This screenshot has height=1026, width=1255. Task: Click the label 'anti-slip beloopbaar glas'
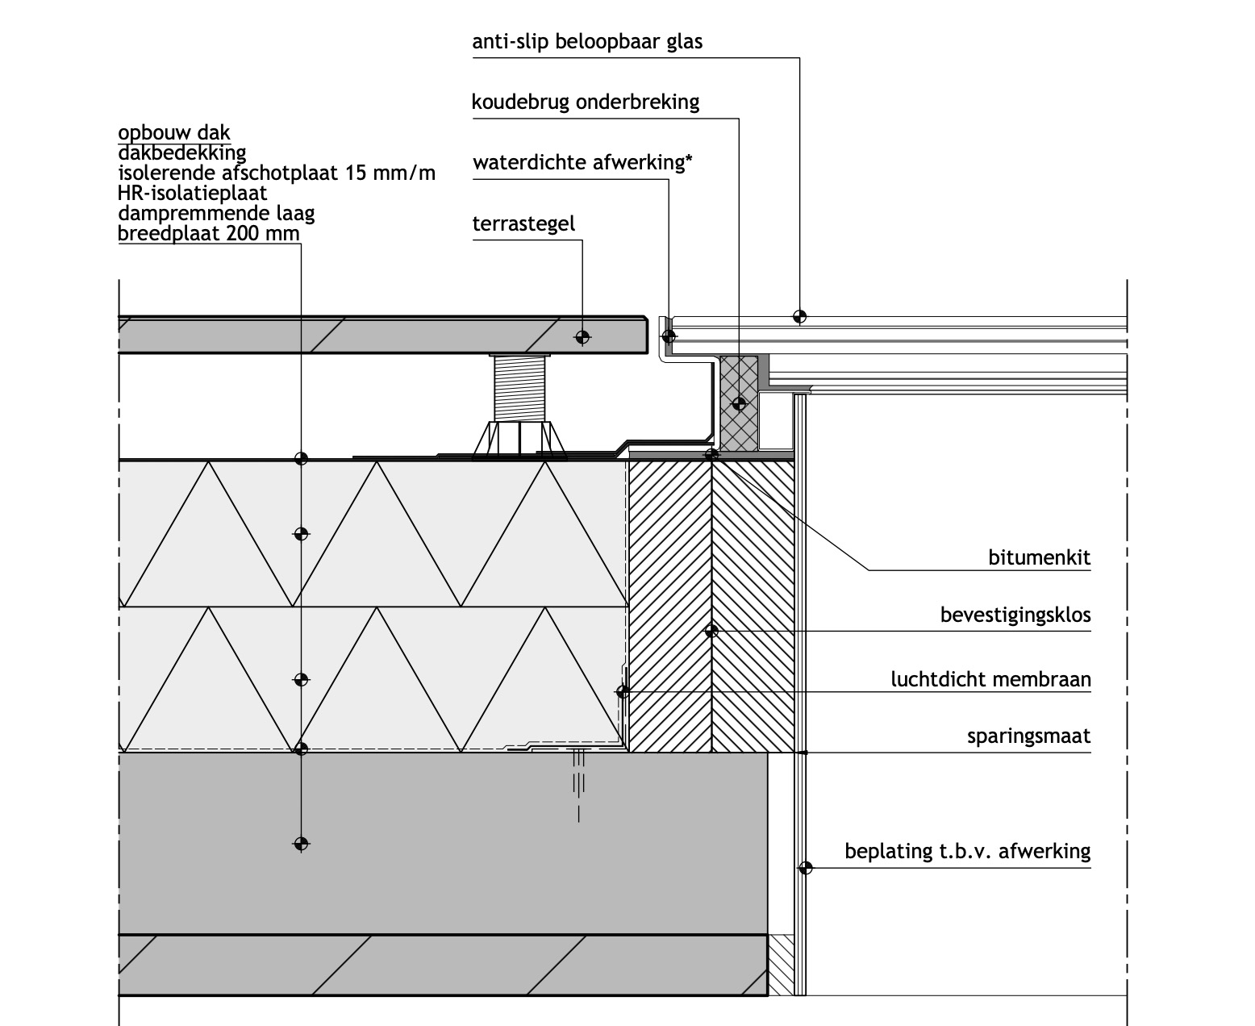coord(587,42)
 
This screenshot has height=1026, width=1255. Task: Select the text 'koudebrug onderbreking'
coord(586,102)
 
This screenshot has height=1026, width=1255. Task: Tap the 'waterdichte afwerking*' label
coord(582,162)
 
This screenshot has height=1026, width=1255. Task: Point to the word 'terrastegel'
coord(523,223)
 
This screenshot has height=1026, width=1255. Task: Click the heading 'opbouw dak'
coord(173,132)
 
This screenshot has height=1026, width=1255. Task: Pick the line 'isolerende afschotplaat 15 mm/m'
coord(277,173)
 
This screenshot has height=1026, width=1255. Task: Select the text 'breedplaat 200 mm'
coord(208,233)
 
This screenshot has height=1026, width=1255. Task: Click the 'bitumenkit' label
coord(1039,557)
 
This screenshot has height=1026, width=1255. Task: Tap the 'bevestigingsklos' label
coord(1015,615)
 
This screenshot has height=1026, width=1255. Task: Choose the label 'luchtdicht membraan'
coord(990,679)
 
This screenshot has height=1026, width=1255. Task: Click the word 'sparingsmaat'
coord(1029,736)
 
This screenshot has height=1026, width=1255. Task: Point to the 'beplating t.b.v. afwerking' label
coord(968,852)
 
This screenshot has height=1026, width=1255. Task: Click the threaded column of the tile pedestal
coord(519,389)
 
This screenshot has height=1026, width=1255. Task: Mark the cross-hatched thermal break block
coord(739,403)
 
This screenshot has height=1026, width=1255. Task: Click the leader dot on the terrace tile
coord(582,337)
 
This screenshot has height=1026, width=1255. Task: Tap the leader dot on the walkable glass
coord(799,316)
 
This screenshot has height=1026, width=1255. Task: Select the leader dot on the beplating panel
coord(805,868)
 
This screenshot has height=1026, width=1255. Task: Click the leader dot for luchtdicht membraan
coord(623,691)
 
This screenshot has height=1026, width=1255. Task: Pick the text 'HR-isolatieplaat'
coord(192,194)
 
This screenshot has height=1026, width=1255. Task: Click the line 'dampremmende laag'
coord(216,213)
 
